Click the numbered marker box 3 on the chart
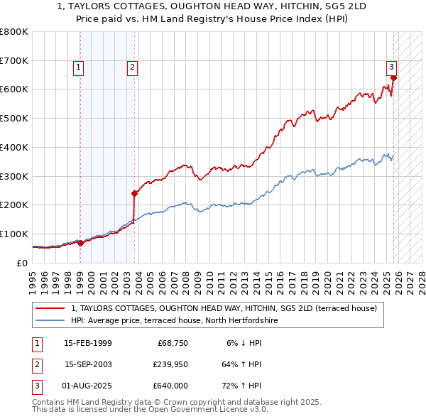tap(391, 67)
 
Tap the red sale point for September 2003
tap(134, 192)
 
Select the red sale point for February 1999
tap(80, 243)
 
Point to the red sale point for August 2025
tap(393, 77)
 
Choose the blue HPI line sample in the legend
tap(50, 321)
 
